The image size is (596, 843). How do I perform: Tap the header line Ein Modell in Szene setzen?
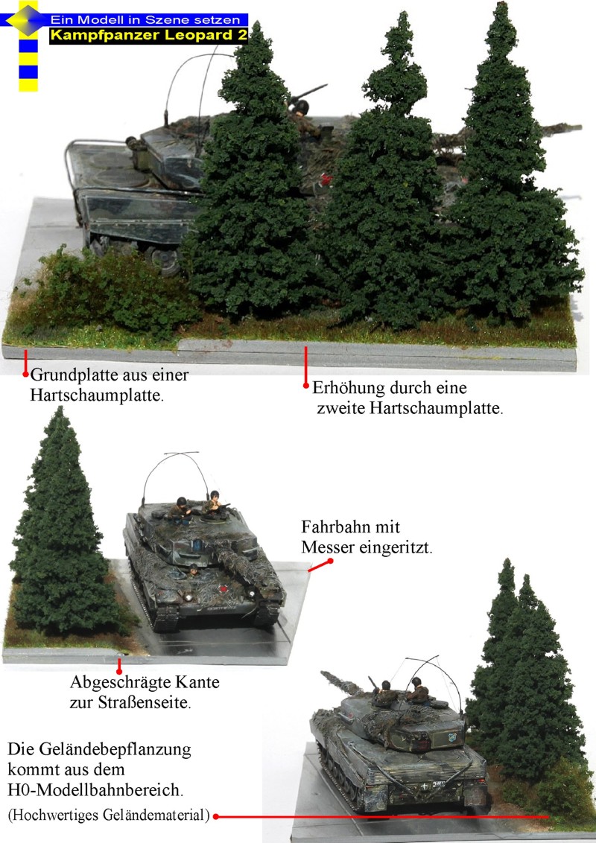click(145, 19)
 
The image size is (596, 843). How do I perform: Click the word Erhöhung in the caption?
click(346, 388)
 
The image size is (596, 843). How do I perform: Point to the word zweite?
click(342, 408)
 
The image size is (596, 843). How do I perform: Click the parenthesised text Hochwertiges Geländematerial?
click(109, 815)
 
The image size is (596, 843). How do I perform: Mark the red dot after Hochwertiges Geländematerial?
click(216, 816)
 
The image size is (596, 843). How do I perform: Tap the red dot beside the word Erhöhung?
click(305, 386)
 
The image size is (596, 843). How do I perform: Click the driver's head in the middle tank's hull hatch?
click(194, 569)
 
